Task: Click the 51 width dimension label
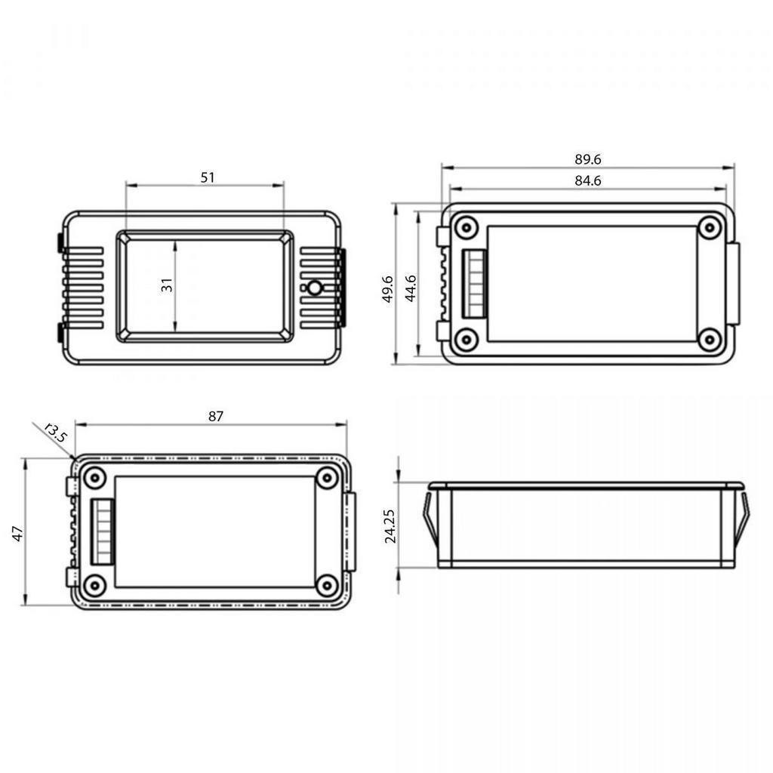208,177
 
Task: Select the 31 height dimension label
167,285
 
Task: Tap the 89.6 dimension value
587,159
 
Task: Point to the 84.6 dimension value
587,181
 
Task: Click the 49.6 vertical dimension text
387,289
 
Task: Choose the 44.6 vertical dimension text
410,288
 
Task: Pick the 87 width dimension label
215,417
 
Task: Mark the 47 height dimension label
17,534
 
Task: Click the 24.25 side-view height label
390,526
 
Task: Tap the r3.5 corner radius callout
55,433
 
